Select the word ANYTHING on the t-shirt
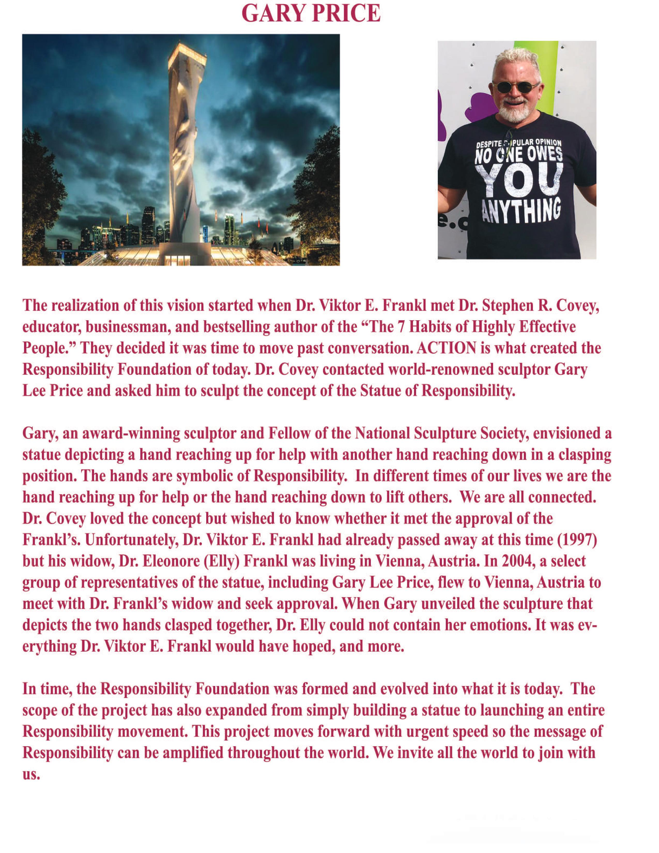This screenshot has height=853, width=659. coord(521,211)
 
